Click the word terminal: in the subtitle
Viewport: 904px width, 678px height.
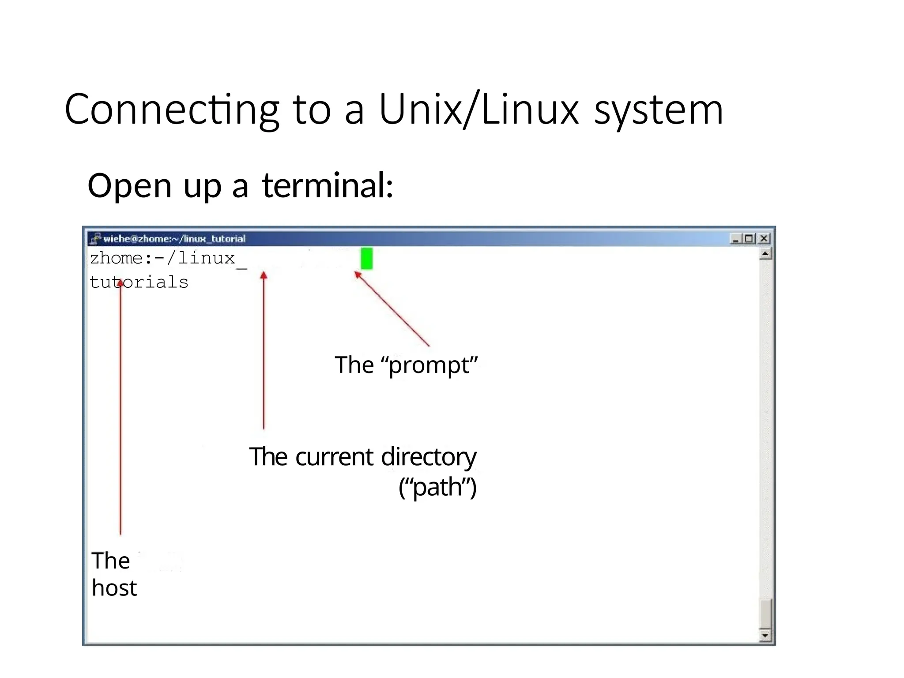coord(327,185)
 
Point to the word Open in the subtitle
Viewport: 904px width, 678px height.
coord(129,185)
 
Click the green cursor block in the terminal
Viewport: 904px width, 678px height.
coord(366,258)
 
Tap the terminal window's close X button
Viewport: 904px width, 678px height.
coord(764,238)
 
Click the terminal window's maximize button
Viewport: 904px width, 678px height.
coord(749,238)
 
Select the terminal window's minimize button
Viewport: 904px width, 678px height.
coord(735,238)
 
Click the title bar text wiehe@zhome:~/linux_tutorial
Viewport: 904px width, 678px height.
coord(174,239)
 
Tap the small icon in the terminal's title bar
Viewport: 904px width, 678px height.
coord(95,239)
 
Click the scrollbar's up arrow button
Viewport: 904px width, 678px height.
coord(765,254)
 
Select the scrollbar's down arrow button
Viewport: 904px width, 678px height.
coord(765,636)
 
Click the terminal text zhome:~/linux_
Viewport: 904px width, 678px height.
coord(163,258)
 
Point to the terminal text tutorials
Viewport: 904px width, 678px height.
coord(139,282)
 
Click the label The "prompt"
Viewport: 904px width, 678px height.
coord(406,365)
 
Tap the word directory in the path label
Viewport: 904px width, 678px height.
coord(428,457)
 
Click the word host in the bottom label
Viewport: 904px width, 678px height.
coord(114,588)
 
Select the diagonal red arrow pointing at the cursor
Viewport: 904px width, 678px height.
coord(392,309)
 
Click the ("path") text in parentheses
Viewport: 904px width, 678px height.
coord(437,488)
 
